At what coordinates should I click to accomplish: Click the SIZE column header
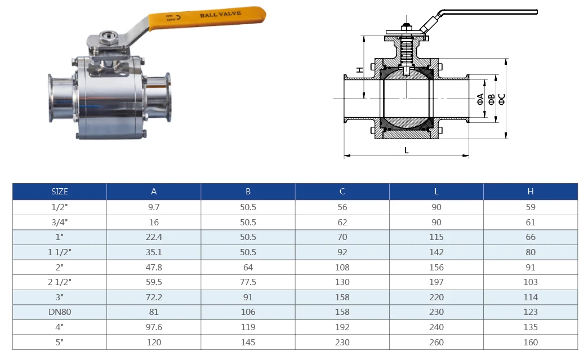pyautogui.click(x=59, y=192)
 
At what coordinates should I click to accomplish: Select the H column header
pyautogui.click(x=530, y=192)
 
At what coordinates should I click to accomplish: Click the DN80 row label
pyautogui.click(x=59, y=312)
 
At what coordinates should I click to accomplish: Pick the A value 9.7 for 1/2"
pyautogui.click(x=154, y=207)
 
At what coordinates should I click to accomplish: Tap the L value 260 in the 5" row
pyautogui.click(x=436, y=342)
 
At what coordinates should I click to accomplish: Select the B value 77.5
pyautogui.click(x=248, y=282)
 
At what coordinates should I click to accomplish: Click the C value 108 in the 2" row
pyautogui.click(x=342, y=267)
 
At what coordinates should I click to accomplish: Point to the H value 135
pyautogui.click(x=530, y=327)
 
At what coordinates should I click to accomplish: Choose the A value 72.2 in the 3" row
pyautogui.click(x=154, y=297)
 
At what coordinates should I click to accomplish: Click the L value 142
pyautogui.click(x=436, y=252)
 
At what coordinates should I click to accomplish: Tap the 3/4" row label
pyautogui.click(x=59, y=222)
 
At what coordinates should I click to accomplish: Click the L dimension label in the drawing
pyautogui.click(x=406, y=150)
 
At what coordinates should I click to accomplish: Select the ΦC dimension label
pyautogui.click(x=501, y=99)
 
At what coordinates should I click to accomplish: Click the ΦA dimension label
pyautogui.click(x=480, y=99)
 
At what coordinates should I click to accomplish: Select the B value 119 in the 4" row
pyautogui.click(x=248, y=327)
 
